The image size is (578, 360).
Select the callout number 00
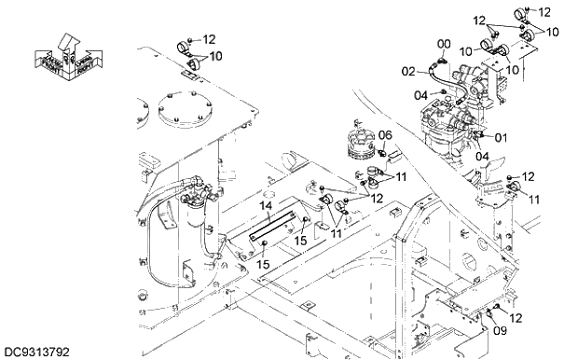444,44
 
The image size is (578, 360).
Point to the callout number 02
408,71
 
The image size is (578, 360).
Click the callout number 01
501,138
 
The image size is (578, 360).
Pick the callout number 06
385,135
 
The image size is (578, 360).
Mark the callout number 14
265,204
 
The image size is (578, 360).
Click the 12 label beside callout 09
516,317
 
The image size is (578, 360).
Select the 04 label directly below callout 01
482,156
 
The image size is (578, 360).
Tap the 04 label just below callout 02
421,94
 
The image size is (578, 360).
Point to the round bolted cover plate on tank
182,114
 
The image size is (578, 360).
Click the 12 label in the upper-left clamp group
208,39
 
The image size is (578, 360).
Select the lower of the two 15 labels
264,265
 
